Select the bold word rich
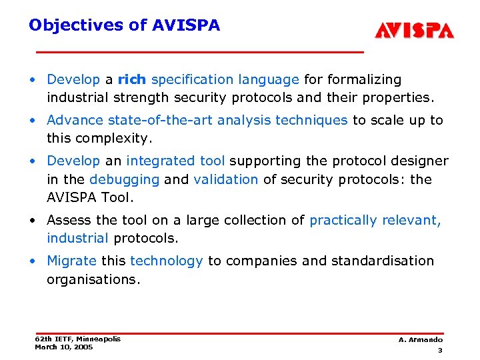(132, 80)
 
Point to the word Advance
(75, 121)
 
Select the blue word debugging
(124, 179)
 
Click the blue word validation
(225, 179)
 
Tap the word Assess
(68, 220)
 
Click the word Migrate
(71, 261)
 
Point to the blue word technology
(166, 261)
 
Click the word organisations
(93, 279)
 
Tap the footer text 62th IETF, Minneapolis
(77, 339)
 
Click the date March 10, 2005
(63, 347)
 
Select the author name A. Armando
(421, 340)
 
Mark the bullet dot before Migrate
(33, 261)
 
